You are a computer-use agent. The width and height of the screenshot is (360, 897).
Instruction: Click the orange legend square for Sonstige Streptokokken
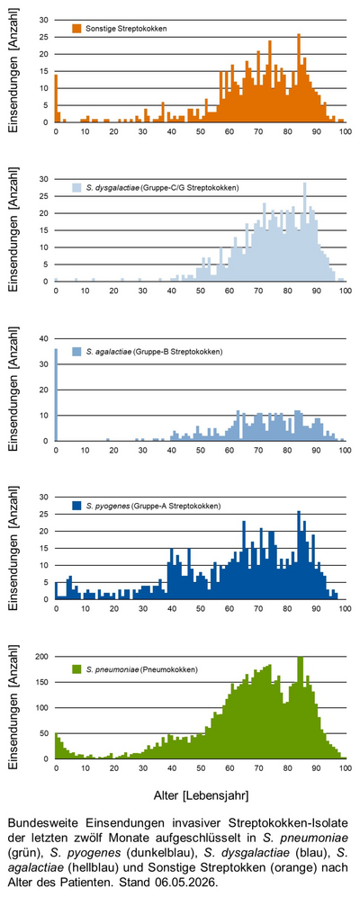coord(76,28)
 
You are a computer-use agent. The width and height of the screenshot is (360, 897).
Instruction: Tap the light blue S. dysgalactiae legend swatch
coord(76,187)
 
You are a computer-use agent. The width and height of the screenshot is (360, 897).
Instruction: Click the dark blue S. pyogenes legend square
coord(76,506)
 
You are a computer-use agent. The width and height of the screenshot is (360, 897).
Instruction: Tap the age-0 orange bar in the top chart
coord(56,98)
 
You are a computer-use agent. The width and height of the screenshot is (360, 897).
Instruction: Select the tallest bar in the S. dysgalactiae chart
coord(304,232)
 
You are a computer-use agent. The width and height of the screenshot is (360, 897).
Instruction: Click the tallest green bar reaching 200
coord(300,708)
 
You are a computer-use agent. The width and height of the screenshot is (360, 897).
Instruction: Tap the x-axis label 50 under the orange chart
coord(201,131)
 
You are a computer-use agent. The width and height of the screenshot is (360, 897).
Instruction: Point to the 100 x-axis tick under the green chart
coord(345,767)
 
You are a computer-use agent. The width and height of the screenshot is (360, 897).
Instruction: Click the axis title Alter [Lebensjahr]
coord(201,795)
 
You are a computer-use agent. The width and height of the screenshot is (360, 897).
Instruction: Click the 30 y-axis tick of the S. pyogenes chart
coord(45,498)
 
